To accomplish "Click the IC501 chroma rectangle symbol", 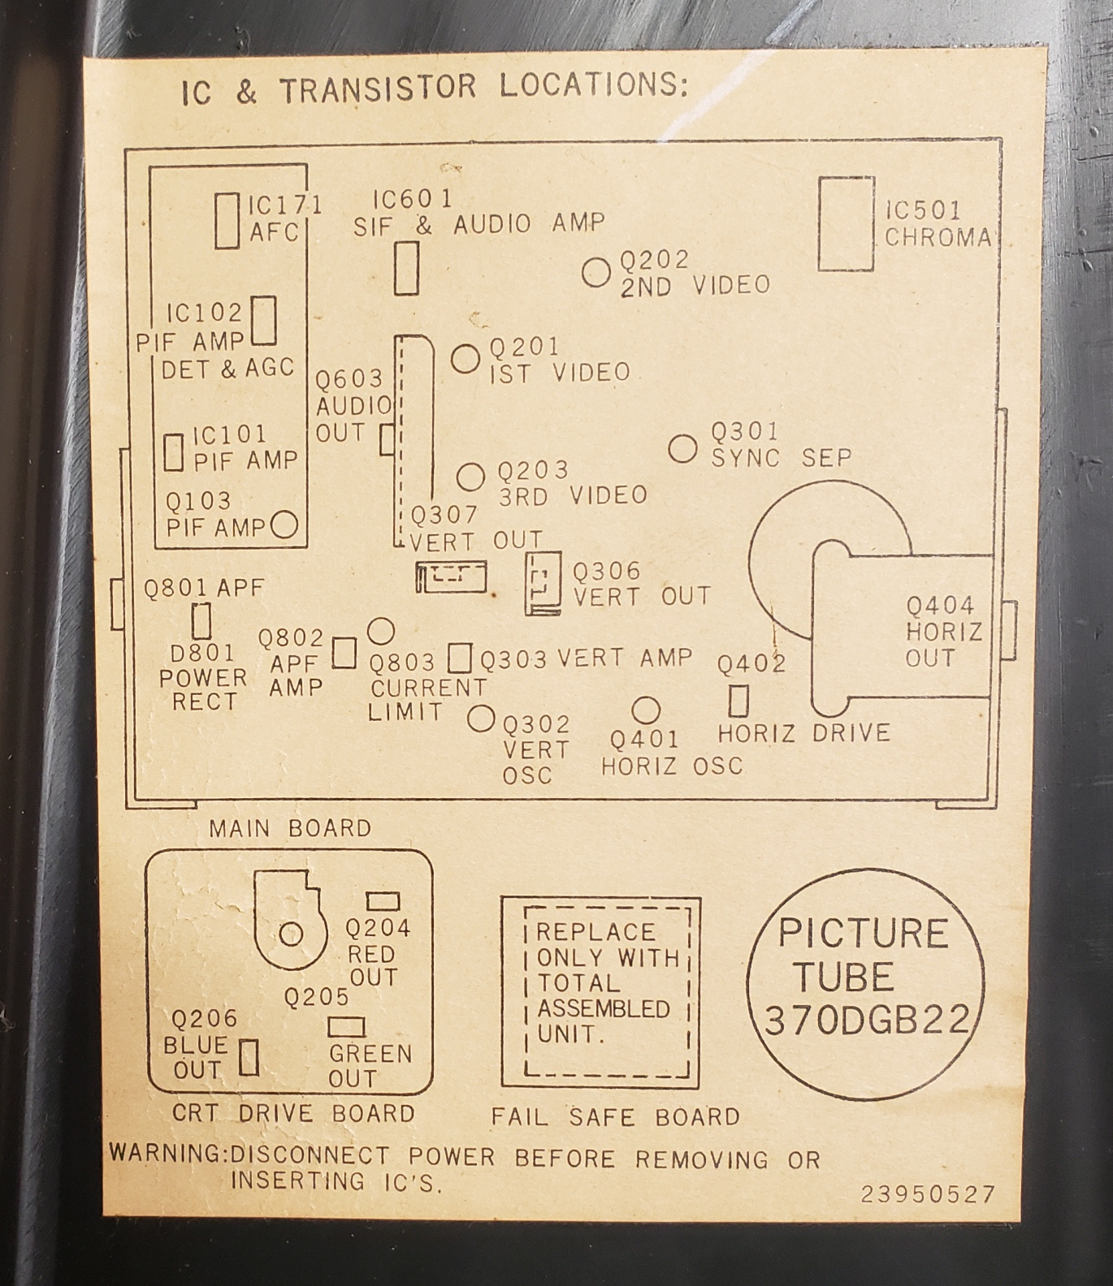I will pyautogui.click(x=846, y=223).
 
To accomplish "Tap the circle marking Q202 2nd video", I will pyautogui.click(x=596, y=273).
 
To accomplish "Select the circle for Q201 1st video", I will pyautogui.click(x=466, y=358).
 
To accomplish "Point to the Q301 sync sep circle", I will pyautogui.click(x=682, y=447).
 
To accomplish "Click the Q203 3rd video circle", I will pyautogui.click(x=470, y=477).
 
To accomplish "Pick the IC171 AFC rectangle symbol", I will pyautogui.click(x=227, y=220).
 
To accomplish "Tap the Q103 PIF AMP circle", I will pyautogui.click(x=284, y=524).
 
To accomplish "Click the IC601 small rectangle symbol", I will pyautogui.click(x=406, y=268).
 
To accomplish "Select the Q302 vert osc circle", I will pyautogui.click(x=481, y=718).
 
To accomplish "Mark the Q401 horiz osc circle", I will pyautogui.click(x=646, y=710).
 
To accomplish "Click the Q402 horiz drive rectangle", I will pyautogui.click(x=738, y=701).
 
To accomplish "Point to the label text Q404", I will pyautogui.click(x=940, y=606).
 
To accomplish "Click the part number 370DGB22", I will pyautogui.click(x=867, y=1020).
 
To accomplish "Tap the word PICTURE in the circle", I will pyautogui.click(x=863, y=934).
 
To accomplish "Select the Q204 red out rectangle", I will pyautogui.click(x=383, y=901).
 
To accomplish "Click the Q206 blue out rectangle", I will pyautogui.click(x=249, y=1057).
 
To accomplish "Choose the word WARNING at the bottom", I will pyautogui.click(x=167, y=1153).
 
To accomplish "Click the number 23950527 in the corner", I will pyautogui.click(x=928, y=1194).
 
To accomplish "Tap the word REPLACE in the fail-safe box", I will pyautogui.click(x=595, y=932).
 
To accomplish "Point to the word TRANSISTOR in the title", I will pyautogui.click(x=378, y=88).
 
